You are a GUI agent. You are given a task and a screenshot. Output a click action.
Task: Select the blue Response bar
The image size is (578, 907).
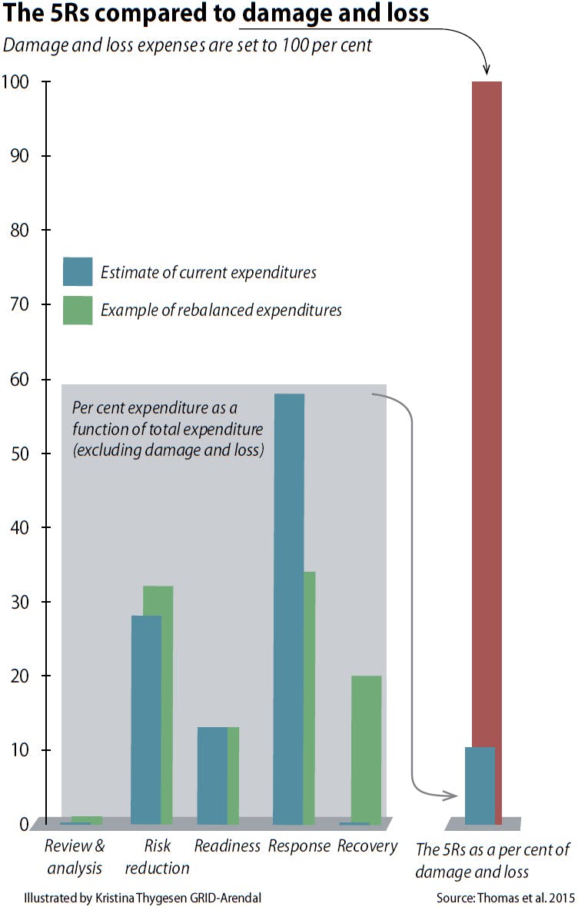[x=289, y=607]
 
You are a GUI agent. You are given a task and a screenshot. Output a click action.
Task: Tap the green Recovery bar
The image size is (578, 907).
[x=366, y=749]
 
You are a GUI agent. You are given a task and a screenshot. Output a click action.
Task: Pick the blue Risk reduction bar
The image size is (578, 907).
[x=146, y=719]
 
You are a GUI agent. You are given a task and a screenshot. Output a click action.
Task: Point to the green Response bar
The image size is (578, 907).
[x=310, y=696]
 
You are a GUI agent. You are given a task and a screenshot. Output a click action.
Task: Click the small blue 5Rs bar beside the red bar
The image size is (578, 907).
[x=480, y=785]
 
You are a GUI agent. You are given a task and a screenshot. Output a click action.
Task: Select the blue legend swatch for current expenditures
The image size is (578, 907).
[x=78, y=271]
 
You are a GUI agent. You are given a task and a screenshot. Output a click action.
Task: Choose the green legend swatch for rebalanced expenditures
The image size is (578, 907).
[x=78, y=310]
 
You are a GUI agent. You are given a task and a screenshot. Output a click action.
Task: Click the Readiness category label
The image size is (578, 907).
[x=228, y=846]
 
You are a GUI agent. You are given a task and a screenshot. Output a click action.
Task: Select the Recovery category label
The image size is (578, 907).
[x=367, y=846]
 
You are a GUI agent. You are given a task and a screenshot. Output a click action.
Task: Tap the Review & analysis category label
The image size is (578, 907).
[x=75, y=857]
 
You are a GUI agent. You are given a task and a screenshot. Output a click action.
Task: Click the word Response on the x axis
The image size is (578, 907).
[x=299, y=846]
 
